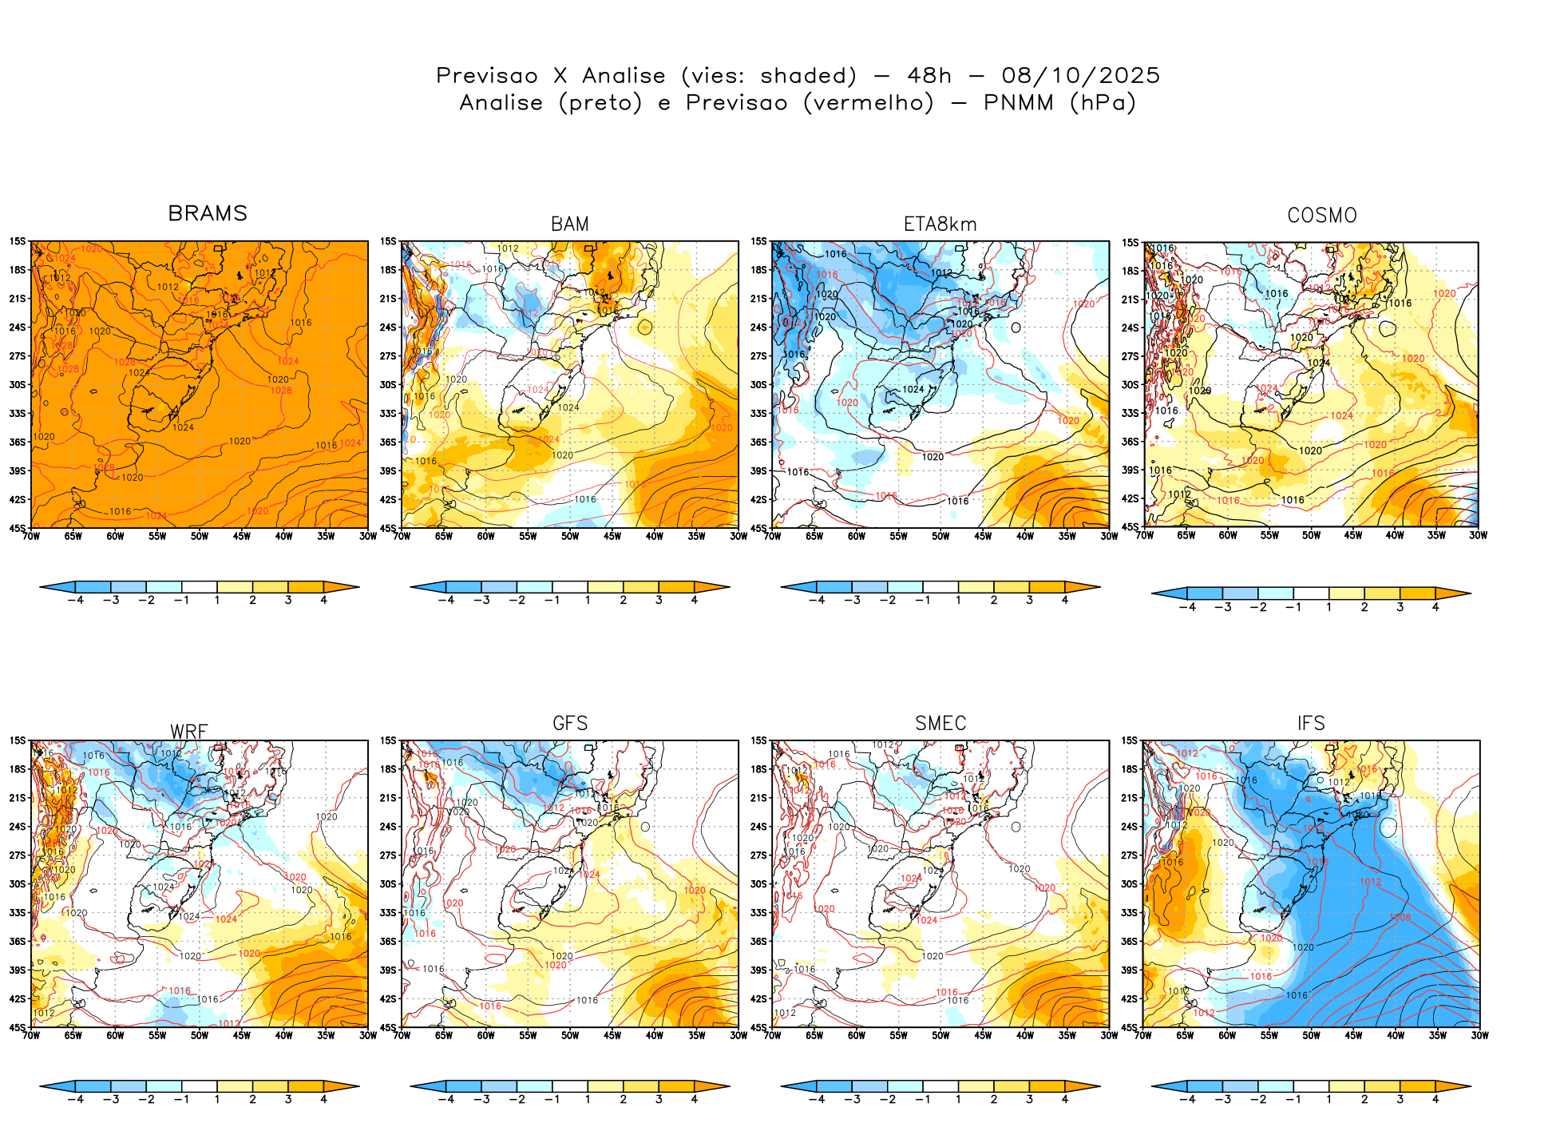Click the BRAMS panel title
coord(208,213)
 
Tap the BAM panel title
coord(570,224)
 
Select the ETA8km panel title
coord(940,224)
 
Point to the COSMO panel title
coord(1322,216)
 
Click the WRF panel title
coord(189,732)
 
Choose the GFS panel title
coord(570,724)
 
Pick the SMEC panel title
coord(940,724)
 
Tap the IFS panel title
coord(1311,724)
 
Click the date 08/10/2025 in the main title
coord(1080,76)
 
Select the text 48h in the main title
coord(929,76)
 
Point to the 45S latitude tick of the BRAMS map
coord(18,528)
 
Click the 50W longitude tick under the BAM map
coord(570,537)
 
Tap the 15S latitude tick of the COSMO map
coord(1130,243)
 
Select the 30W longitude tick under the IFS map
coord(1479,1035)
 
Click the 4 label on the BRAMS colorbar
coord(323,601)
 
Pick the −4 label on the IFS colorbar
coord(1186,1100)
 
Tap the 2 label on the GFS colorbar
coord(623,1100)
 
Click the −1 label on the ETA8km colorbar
coord(921,601)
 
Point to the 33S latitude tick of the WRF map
coord(18,913)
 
